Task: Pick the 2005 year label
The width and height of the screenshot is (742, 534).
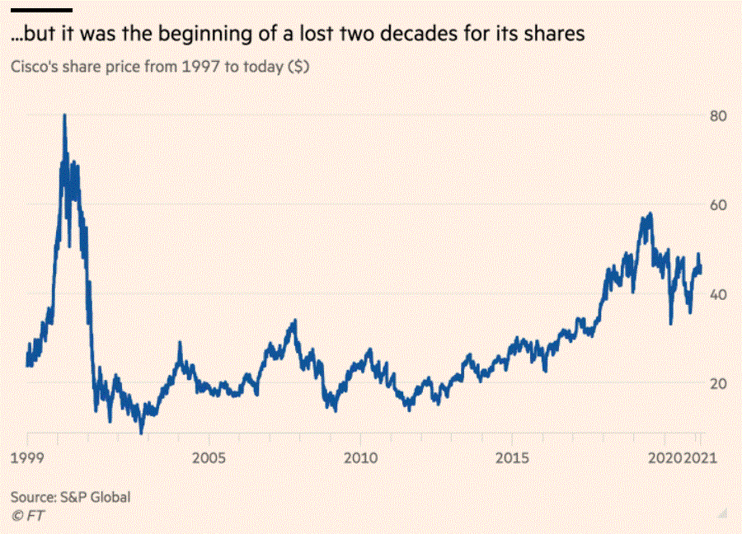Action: pyautogui.click(x=208, y=457)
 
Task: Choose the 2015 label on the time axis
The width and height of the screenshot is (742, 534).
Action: pyautogui.click(x=513, y=457)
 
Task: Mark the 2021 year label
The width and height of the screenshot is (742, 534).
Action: pyautogui.click(x=701, y=457)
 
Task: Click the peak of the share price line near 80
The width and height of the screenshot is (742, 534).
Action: pyautogui.click(x=64, y=115)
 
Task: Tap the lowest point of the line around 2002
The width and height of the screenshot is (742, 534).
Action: pyautogui.click(x=141, y=432)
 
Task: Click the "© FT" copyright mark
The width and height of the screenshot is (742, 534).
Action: pyautogui.click(x=27, y=515)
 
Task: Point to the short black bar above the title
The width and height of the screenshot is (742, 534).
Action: pyautogui.click(x=41, y=10)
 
